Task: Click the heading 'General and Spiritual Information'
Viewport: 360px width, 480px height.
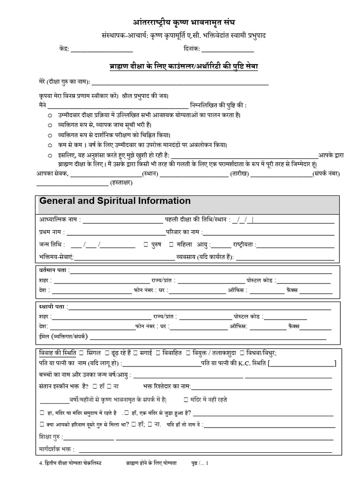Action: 115,201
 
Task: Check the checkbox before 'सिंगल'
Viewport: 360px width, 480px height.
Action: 82,352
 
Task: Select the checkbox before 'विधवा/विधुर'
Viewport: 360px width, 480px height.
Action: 242,352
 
